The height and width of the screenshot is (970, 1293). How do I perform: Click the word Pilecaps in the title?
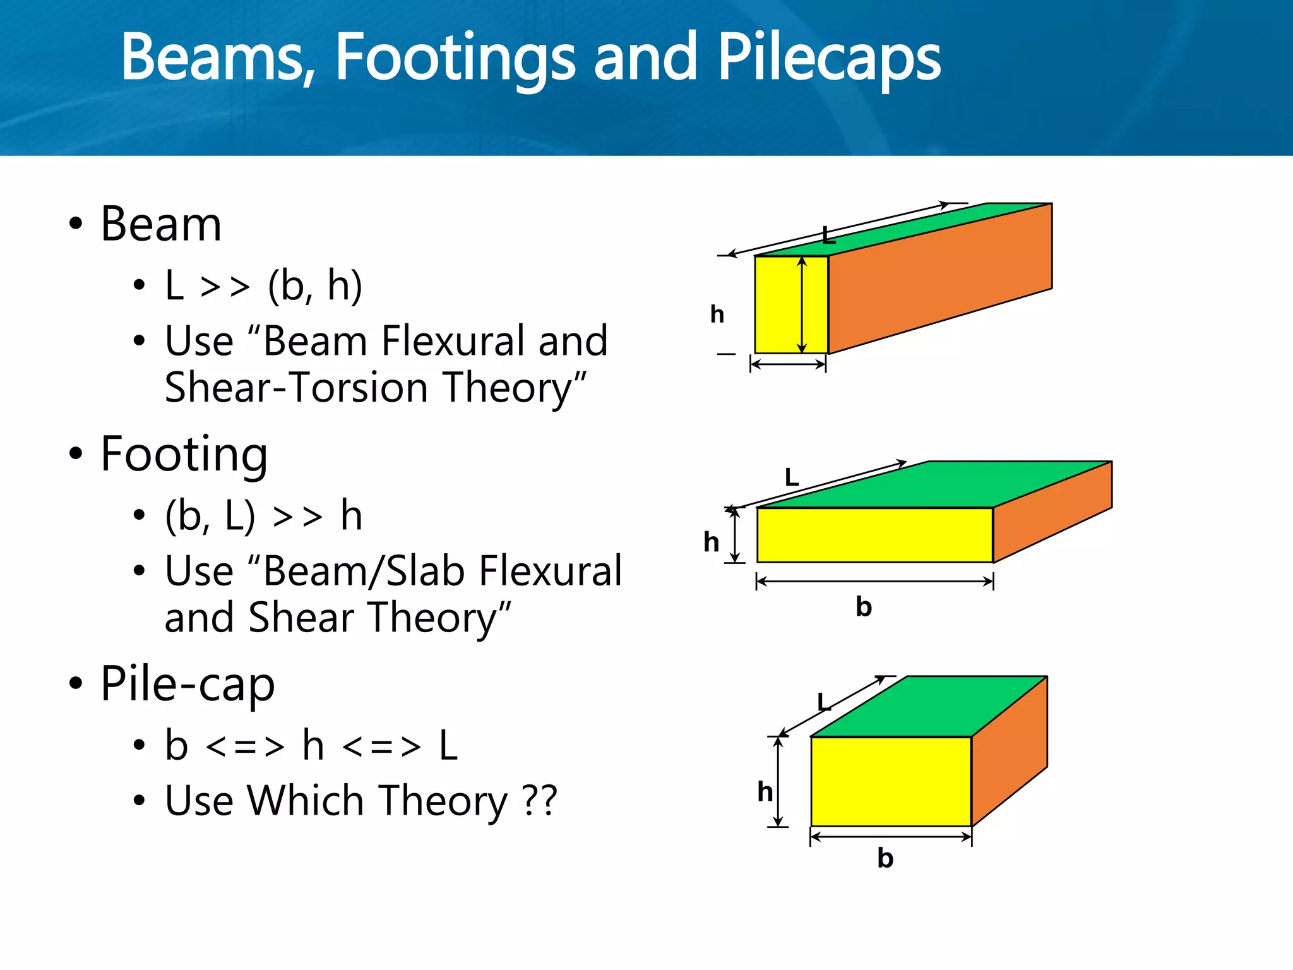828,58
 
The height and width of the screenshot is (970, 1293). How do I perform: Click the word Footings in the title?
455,58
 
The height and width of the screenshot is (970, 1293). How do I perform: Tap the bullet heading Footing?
184,455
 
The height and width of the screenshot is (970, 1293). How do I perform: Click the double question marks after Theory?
540,801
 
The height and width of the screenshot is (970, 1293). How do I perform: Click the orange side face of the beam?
941,278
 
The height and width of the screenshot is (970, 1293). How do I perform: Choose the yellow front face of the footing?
874,535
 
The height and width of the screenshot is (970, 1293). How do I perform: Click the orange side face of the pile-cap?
1009,751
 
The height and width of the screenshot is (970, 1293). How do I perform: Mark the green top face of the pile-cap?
928,706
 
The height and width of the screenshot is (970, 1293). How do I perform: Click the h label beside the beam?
717,314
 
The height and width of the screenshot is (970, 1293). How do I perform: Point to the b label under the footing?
864,607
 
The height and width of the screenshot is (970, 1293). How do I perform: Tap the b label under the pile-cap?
885,858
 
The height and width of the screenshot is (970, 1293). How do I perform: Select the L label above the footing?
792,477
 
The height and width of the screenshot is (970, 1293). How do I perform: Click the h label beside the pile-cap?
765,791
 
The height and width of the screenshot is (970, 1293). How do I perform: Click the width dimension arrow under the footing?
874,581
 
